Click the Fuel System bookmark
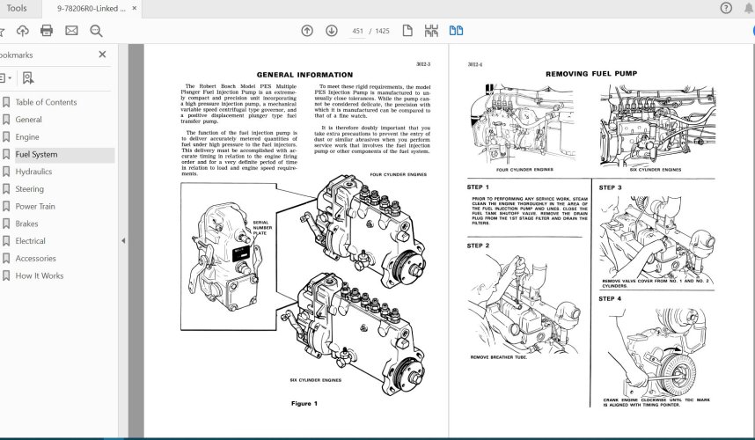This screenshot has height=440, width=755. point(36,155)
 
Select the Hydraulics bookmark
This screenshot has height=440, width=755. point(33,172)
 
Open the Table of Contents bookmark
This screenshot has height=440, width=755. point(46,102)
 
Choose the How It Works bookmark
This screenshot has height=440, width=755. point(39,275)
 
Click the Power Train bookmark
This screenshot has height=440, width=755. point(35,207)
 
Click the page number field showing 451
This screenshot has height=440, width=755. point(358,31)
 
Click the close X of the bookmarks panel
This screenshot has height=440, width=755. point(102,55)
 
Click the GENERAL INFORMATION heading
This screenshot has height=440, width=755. point(304,75)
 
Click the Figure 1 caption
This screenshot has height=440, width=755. point(304,403)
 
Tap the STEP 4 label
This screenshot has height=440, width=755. point(610,298)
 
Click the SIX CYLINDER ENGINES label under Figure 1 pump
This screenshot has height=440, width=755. point(315,380)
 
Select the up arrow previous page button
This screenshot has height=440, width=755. point(306,31)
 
